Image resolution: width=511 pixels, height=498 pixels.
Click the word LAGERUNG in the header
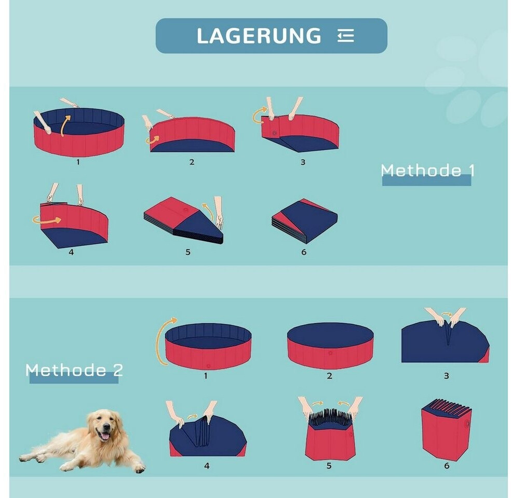[259, 35]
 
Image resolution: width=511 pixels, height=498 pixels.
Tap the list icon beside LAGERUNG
[345, 35]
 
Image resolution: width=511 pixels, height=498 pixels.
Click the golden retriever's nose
[106, 427]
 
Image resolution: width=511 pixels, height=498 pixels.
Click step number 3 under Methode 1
[303, 162]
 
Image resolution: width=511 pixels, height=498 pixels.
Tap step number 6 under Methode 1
[304, 252]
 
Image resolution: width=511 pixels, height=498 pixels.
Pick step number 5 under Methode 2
[329, 466]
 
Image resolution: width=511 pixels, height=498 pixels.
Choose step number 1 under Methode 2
[206, 376]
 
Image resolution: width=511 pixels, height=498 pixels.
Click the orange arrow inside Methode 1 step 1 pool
[64, 126]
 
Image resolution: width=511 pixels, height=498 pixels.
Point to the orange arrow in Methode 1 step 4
[47, 220]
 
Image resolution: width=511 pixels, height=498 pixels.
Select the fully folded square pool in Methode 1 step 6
[304, 221]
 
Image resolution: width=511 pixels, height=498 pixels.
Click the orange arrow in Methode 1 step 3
[260, 116]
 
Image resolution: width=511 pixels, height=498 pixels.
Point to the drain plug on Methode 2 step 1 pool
[209, 366]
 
